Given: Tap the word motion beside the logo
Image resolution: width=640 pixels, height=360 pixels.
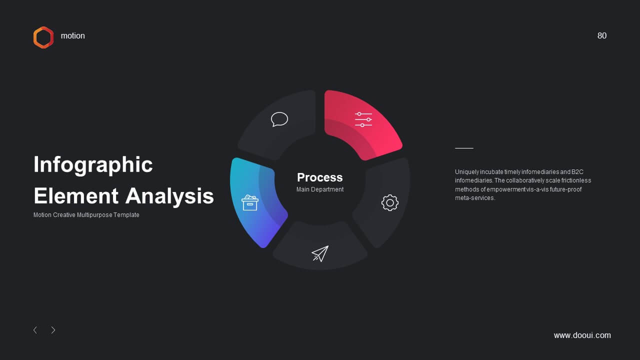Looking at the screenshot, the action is point(73,35).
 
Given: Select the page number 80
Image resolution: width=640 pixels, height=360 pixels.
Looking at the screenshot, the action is point(601,35).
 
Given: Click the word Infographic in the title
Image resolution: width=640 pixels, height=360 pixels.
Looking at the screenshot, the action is point(93,165).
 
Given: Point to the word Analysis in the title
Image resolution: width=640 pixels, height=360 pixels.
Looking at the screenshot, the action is point(169,196).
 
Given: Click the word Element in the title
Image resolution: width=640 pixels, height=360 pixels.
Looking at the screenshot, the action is point(76,196).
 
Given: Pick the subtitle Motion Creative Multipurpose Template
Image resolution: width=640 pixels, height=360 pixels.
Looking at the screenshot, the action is point(86,215).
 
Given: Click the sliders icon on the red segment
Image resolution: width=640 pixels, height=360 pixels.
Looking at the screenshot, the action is point(363,119).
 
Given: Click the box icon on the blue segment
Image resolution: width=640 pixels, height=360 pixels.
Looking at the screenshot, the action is point(250,203).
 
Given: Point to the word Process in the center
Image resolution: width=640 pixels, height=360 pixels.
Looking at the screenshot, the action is point(319,177).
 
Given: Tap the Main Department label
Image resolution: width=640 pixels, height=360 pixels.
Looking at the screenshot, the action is point(319,189).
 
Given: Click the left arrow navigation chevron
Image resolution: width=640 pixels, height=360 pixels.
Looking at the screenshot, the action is point(35,330).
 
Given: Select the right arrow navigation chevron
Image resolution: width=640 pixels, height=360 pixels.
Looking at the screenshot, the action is point(53,330).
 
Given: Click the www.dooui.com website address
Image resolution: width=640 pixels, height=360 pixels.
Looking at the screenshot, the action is point(582,335).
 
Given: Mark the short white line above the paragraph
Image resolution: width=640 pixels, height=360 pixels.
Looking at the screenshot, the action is point(464,148).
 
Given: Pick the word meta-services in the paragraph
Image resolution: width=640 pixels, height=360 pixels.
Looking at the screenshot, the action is point(474,198).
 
